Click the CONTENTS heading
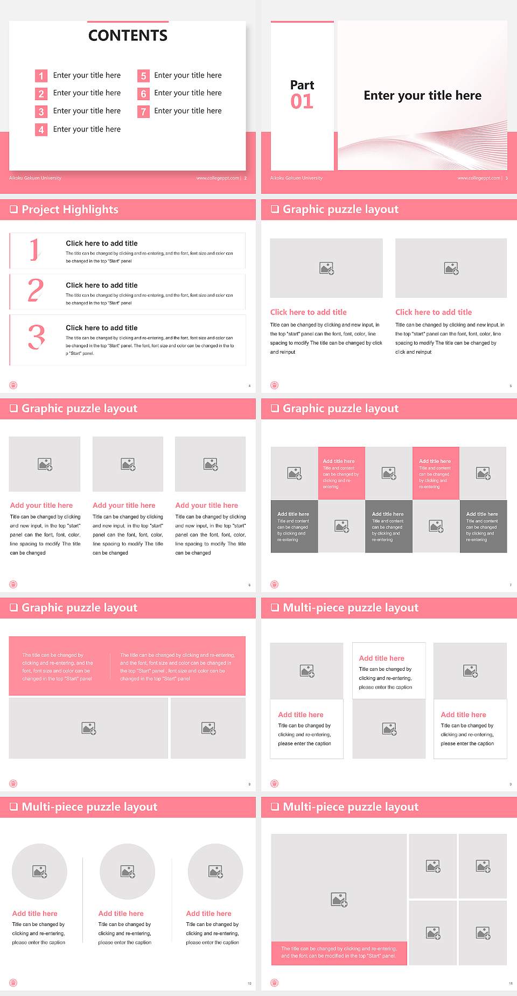pyautogui.click(x=128, y=36)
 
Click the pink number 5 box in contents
pyautogui.click(x=143, y=76)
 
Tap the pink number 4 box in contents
pyautogui.click(x=41, y=130)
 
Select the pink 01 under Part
pyautogui.click(x=302, y=101)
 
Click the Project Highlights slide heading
pyautogui.click(x=70, y=209)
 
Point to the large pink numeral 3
pyautogui.click(x=36, y=338)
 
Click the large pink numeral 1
pyautogui.click(x=34, y=250)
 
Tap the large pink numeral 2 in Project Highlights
pyautogui.click(x=36, y=291)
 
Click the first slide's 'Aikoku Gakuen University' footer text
pyautogui.click(x=35, y=178)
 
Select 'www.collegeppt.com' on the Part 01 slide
pyautogui.click(x=478, y=178)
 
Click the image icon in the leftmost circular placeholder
pyautogui.click(x=40, y=871)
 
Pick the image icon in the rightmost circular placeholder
pyautogui.click(x=215, y=871)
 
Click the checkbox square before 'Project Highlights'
pyautogui.click(x=14, y=209)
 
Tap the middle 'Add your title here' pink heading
pyautogui.click(x=124, y=506)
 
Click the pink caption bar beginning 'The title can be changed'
pyautogui.click(x=339, y=952)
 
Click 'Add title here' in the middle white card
pyautogui.click(x=381, y=658)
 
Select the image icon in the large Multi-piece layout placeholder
pyautogui.click(x=339, y=899)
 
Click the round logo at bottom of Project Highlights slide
pyautogui.click(x=13, y=385)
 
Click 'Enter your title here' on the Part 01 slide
pyautogui.click(x=422, y=95)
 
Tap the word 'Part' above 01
pyautogui.click(x=302, y=85)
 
